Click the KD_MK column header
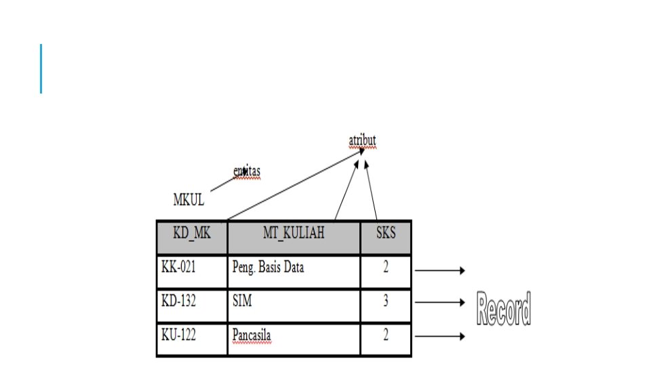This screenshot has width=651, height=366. pos(192,236)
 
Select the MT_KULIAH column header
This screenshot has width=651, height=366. pos(294,236)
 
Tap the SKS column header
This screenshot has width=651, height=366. pos(386,236)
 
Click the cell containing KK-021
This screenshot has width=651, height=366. pos(192,270)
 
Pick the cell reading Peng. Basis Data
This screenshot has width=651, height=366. pos(294,270)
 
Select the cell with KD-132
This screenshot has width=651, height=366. pos(192,305)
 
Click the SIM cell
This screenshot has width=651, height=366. pos(294,305)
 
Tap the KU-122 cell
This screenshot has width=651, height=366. pos(192,339)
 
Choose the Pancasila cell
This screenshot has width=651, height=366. pos(294,339)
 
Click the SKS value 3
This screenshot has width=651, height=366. pos(386,305)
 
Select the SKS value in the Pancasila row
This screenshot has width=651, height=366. pos(386,339)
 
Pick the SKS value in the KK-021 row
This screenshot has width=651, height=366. pos(386,270)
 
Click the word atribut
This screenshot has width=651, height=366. pos(362,141)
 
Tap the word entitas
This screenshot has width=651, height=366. pos(246,172)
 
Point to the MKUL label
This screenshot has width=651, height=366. pos(189,200)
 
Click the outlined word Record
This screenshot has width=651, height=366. pos(503,309)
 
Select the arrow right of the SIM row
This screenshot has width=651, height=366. pos(439,303)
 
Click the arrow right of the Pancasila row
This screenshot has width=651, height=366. pos(439,336)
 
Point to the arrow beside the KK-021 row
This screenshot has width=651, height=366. pos(439,270)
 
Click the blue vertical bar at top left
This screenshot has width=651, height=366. pos(41,68)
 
